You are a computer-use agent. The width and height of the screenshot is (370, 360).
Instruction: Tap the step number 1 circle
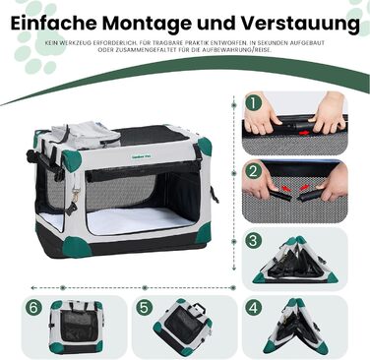pos(254,102)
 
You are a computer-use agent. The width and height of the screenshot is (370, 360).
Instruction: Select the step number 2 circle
pos(254,170)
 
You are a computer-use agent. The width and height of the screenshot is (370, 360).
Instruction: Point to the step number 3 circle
pos(254,239)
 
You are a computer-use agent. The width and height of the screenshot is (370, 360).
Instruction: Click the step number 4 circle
pos(254,307)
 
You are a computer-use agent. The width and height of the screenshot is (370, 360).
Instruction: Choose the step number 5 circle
pos(145,307)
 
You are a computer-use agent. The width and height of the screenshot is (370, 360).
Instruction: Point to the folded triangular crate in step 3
pos(301,258)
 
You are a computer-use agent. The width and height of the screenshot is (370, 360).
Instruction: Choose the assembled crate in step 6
pos(79,326)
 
